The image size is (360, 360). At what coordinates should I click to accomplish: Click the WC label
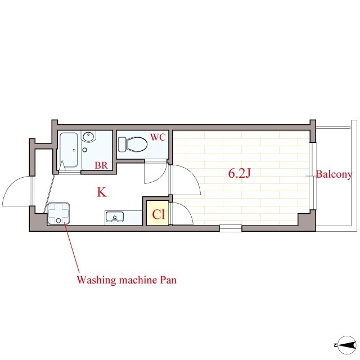tap(158, 137)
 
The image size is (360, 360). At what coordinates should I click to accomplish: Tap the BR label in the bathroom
tap(101, 165)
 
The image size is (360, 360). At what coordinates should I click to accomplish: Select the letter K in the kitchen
tap(102, 192)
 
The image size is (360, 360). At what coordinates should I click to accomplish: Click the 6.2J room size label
tap(239, 173)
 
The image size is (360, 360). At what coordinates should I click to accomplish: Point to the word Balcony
tap(334, 174)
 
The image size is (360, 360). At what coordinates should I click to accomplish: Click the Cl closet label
tap(159, 214)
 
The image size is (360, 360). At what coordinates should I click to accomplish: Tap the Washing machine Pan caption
tap(127, 280)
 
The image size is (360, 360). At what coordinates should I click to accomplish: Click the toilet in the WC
tap(133, 144)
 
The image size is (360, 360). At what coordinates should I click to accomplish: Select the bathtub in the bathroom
tap(69, 150)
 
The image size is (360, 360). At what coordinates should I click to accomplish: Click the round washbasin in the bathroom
tap(89, 137)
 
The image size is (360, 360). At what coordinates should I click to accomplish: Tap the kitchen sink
tap(114, 217)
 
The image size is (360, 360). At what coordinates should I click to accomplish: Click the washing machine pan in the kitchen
tap(58, 214)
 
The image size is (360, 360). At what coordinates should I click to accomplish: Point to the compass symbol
tap(346, 345)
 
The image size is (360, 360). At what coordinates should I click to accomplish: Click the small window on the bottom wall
tap(230, 228)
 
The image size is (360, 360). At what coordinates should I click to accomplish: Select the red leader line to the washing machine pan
tap(72, 247)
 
